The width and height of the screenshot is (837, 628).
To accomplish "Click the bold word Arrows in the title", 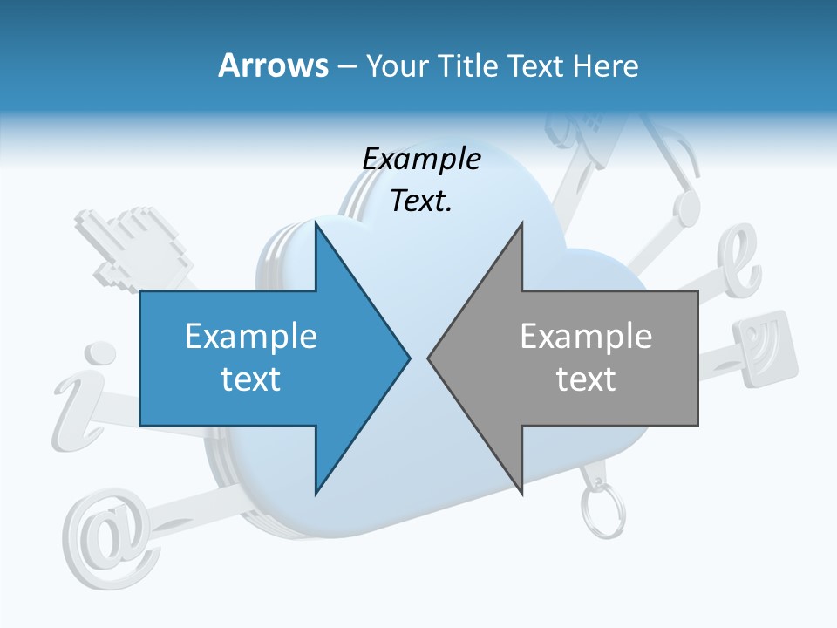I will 273,65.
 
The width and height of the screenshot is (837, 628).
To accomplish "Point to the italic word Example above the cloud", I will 421,160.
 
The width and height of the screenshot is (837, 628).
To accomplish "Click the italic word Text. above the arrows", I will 421,201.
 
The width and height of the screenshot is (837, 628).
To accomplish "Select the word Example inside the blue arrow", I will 251,337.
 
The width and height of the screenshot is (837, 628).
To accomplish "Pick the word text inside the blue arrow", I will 251,379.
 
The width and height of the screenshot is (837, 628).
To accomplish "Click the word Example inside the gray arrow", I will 586,337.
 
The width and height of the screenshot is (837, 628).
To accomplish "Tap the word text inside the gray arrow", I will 586,379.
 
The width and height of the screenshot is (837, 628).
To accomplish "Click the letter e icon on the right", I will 739,262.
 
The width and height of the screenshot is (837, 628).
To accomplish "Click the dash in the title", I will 345,66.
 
